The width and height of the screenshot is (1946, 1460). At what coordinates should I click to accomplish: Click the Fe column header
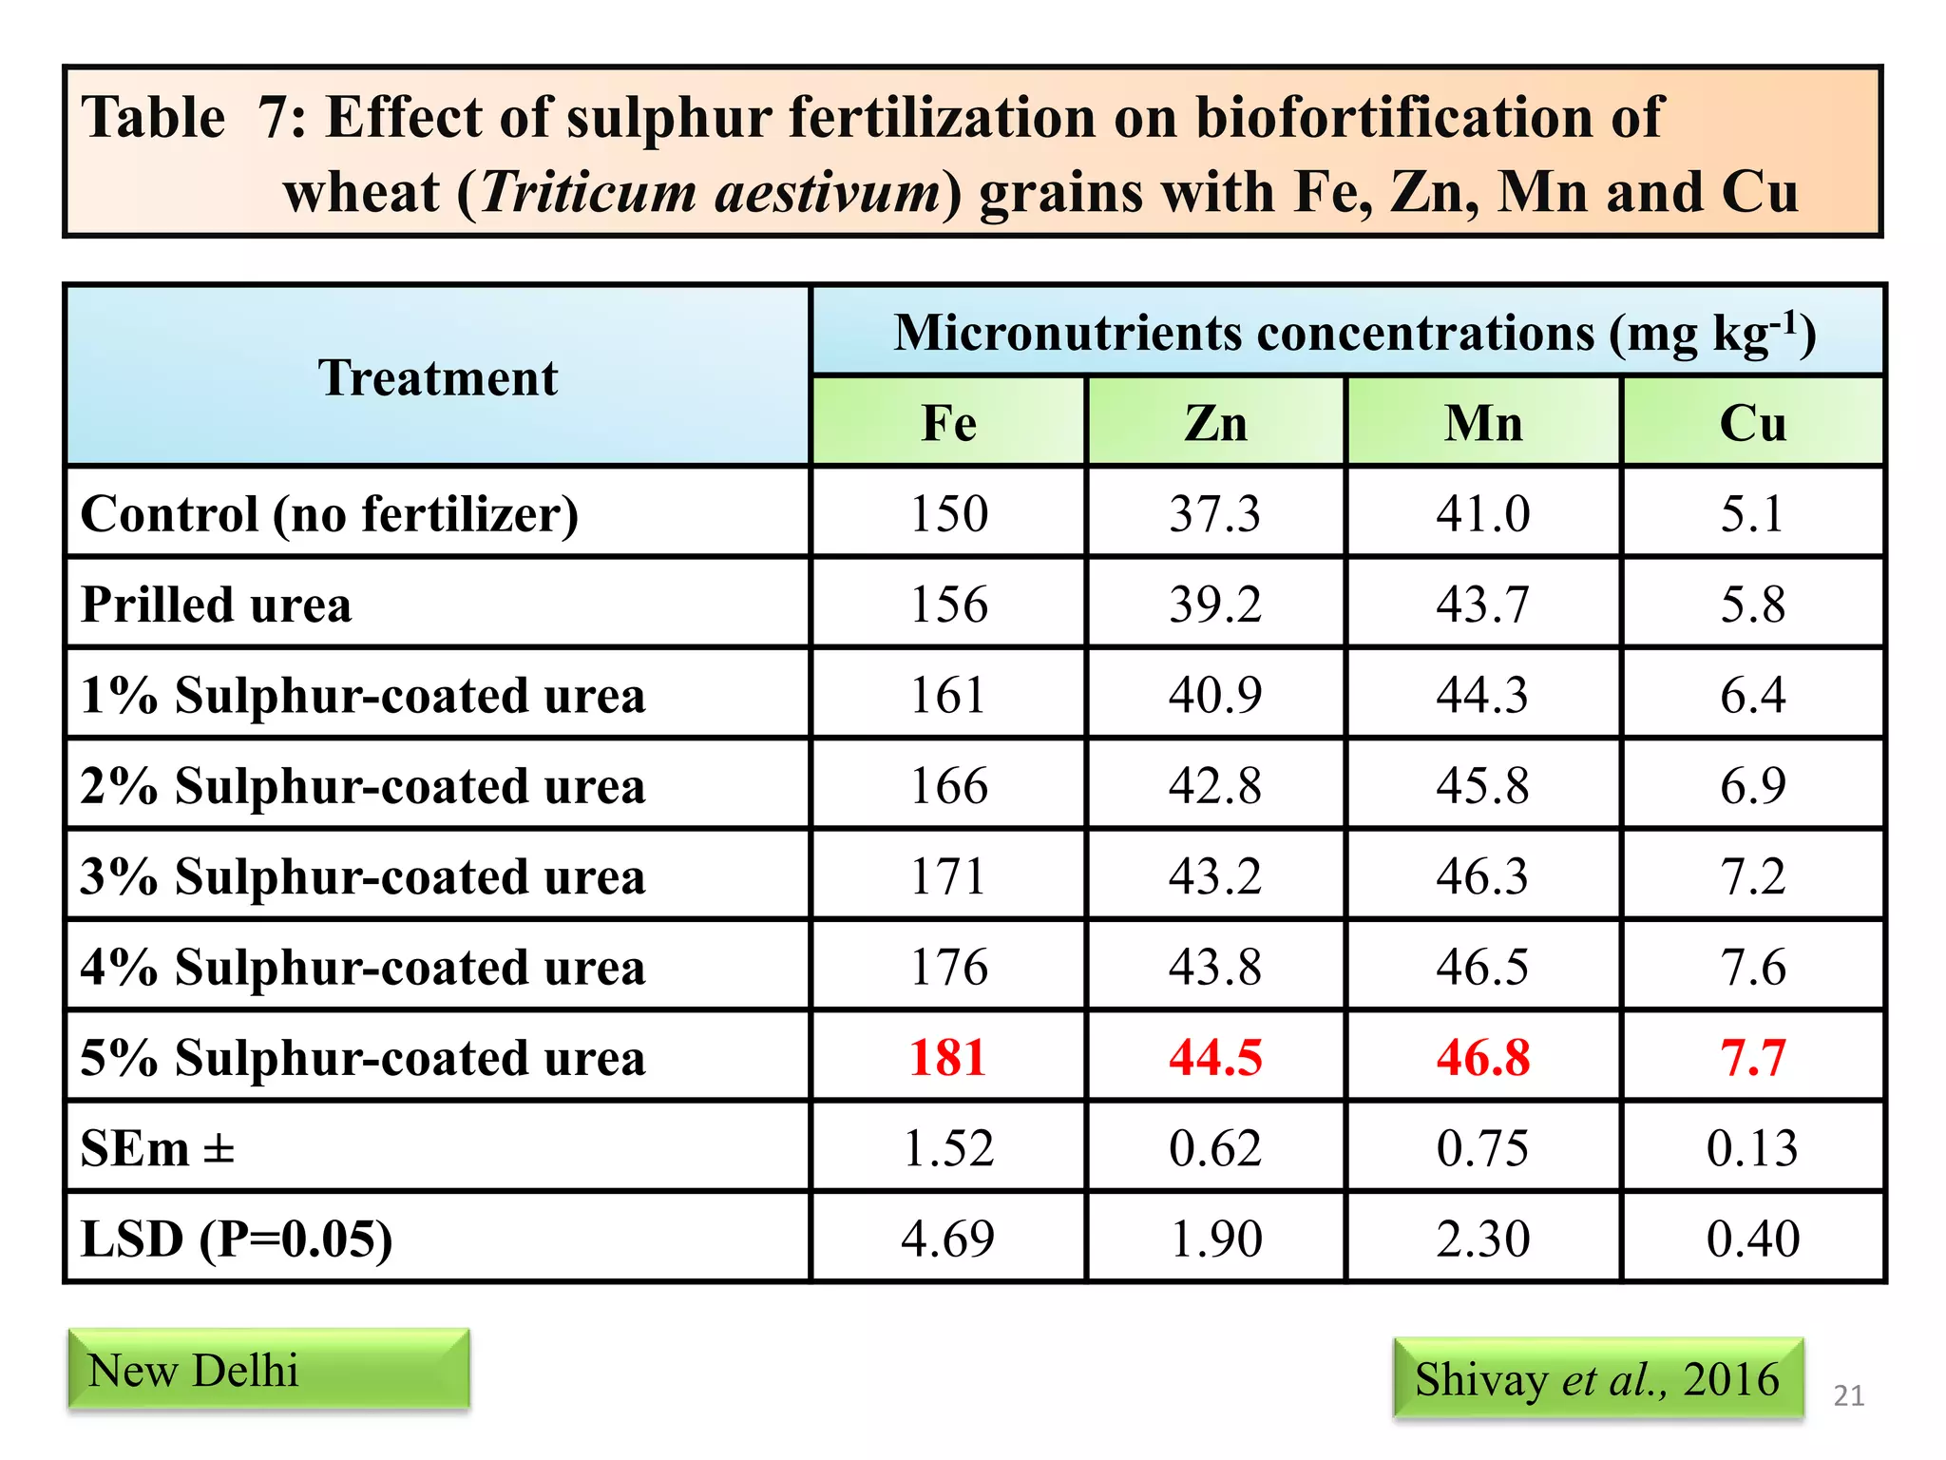(x=948, y=423)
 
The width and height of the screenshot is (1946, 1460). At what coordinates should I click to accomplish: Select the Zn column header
(x=1215, y=423)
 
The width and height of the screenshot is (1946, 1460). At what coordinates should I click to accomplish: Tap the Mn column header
(x=1483, y=423)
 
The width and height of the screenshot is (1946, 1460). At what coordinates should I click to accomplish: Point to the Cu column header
(x=1753, y=423)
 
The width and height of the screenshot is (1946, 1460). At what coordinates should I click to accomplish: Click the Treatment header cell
(x=437, y=377)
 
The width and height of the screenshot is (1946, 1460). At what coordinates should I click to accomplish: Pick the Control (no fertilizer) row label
(x=330, y=514)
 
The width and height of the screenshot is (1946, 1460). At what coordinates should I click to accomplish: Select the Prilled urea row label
(x=217, y=605)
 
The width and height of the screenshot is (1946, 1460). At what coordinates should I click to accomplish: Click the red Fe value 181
(x=948, y=1057)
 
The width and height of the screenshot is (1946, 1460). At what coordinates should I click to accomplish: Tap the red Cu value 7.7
(x=1753, y=1057)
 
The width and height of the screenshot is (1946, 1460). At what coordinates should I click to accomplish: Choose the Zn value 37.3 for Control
(x=1215, y=514)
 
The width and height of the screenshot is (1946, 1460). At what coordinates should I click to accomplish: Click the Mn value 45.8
(x=1483, y=786)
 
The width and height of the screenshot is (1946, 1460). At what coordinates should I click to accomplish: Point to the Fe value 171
(x=948, y=876)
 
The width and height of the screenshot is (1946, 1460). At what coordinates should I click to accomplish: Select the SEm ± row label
(x=158, y=1148)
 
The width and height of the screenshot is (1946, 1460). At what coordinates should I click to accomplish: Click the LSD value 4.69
(x=948, y=1239)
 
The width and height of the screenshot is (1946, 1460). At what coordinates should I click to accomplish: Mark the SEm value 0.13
(x=1753, y=1148)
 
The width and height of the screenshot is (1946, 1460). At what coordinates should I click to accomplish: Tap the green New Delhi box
(x=269, y=1369)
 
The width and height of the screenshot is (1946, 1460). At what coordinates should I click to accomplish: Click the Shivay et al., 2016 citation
(x=1597, y=1378)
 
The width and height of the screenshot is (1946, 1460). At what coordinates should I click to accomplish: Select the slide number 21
(x=1848, y=1395)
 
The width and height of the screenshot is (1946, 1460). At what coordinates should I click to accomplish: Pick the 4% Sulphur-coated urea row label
(x=363, y=967)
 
